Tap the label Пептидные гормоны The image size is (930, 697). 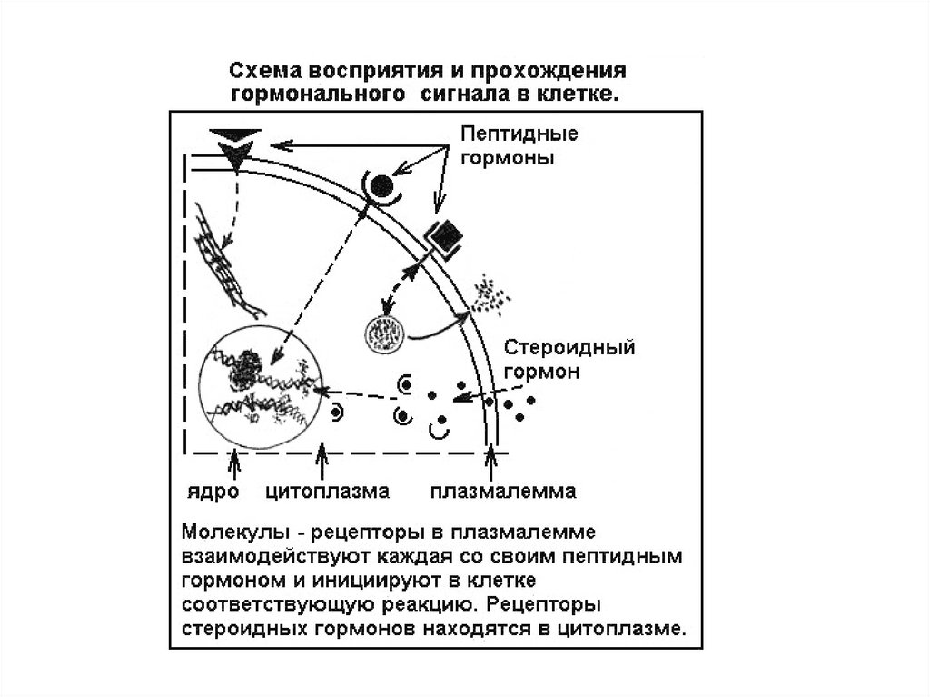click(519, 145)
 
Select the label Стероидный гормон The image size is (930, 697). click(569, 359)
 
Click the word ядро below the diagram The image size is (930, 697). click(213, 493)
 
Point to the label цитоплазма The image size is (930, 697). click(327, 492)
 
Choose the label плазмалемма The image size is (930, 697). click(503, 492)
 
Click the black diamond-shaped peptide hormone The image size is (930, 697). click(446, 235)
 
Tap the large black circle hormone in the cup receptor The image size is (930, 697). click(382, 185)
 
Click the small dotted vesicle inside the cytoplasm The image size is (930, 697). click(385, 334)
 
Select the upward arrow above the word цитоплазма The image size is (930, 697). click(322, 461)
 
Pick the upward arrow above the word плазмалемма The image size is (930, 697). click(490, 462)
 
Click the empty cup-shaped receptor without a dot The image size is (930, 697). click(440, 431)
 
